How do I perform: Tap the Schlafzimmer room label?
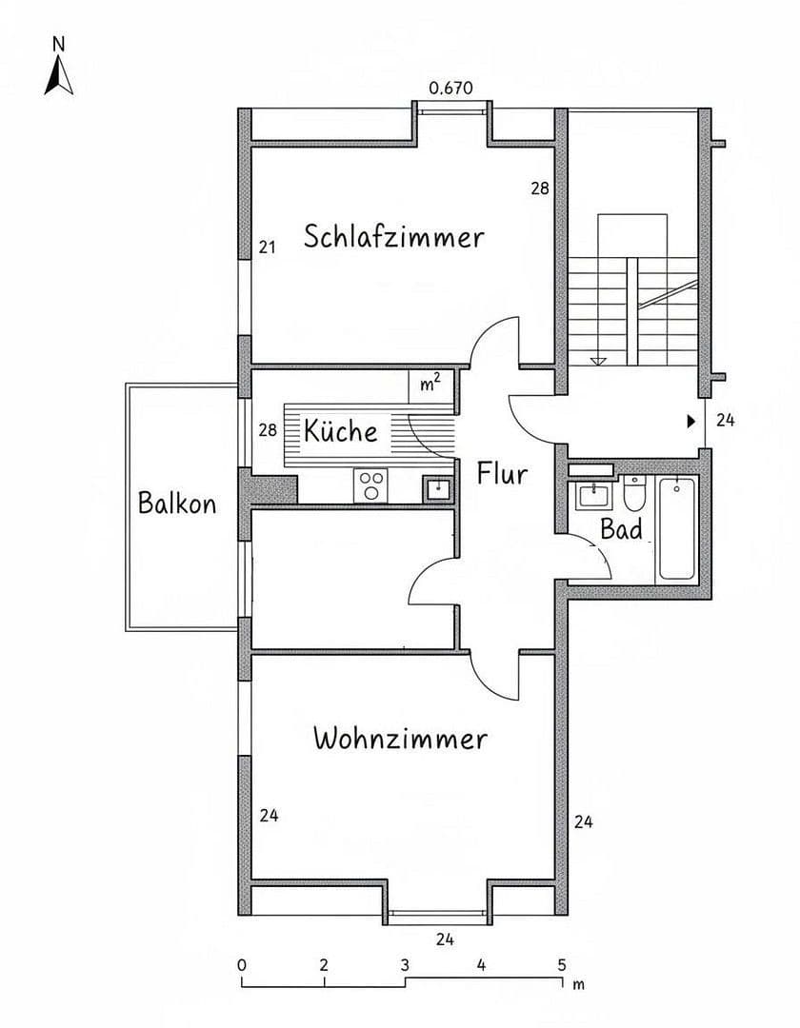click(x=393, y=236)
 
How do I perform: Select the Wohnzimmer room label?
click(x=400, y=739)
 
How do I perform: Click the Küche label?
click(x=341, y=431)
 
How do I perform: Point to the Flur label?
click(x=502, y=473)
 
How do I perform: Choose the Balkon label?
click(x=177, y=503)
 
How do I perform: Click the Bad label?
click(x=621, y=529)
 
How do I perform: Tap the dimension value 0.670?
click(x=451, y=89)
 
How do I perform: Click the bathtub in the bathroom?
click(x=677, y=529)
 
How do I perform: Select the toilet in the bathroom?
click(x=634, y=494)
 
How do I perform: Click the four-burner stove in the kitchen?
click(x=370, y=485)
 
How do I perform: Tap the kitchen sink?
click(x=438, y=488)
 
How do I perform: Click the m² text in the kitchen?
click(x=430, y=384)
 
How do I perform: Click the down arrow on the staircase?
click(x=599, y=361)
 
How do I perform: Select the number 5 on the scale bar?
click(x=562, y=964)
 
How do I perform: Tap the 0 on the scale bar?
click(x=242, y=964)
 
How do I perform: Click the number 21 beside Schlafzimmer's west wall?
click(x=268, y=247)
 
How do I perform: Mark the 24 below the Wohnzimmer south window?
click(x=445, y=939)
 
